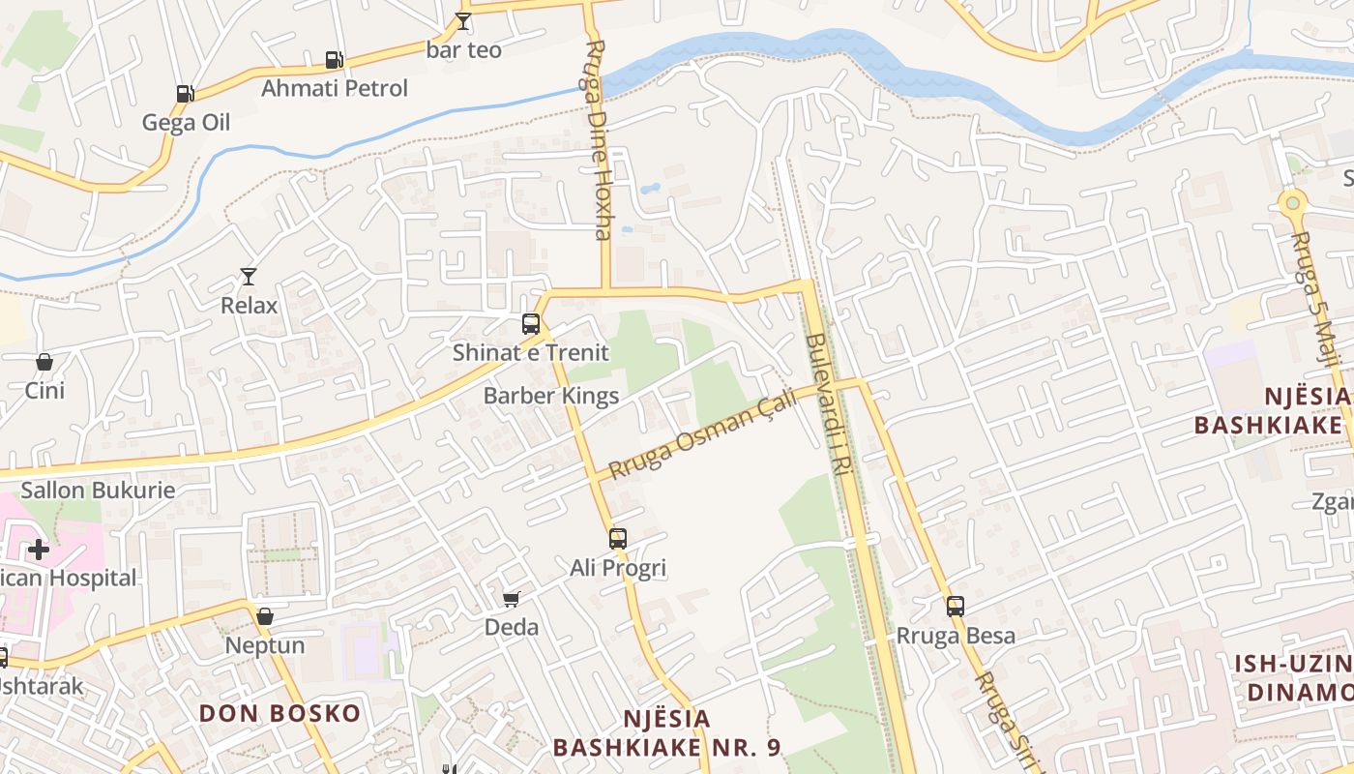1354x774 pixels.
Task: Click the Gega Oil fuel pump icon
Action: (185, 94)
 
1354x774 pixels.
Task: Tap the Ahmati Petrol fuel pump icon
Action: (334, 60)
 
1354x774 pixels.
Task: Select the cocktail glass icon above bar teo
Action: (463, 21)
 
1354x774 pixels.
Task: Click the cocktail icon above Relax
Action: (249, 277)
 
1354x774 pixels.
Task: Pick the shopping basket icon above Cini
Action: (44, 363)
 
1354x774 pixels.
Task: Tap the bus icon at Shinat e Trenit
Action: (530, 324)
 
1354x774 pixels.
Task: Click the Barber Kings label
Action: (551, 396)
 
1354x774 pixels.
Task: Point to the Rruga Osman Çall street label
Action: (703, 432)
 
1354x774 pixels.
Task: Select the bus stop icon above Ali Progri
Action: (618, 539)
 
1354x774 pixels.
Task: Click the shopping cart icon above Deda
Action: (512, 600)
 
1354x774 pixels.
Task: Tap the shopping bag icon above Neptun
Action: (265, 616)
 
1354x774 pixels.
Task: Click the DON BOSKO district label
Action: (280, 714)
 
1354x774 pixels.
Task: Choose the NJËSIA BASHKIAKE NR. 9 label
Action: (666, 733)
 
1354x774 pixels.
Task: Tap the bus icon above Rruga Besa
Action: (956, 607)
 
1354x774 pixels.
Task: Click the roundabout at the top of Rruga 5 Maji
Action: (1292, 204)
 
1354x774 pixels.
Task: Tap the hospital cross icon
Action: (39, 550)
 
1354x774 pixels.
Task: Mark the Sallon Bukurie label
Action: (99, 490)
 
